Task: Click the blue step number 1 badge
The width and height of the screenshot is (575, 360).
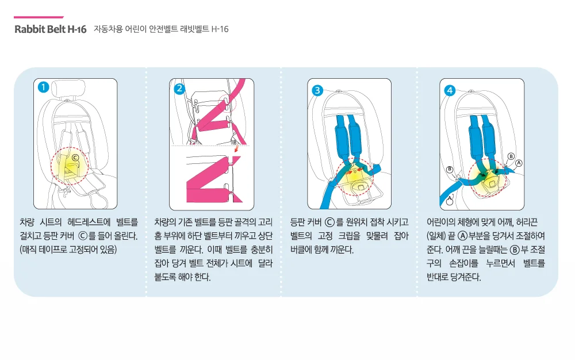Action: [43, 87]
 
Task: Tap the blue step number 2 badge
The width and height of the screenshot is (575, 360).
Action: [179, 89]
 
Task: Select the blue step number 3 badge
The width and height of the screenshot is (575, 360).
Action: [317, 90]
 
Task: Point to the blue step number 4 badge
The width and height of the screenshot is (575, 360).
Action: [450, 90]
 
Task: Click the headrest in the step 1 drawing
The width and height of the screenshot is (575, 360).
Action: [68, 89]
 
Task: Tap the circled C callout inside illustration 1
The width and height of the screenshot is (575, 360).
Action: [75, 158]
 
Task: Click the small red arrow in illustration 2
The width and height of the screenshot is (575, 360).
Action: [237, 149]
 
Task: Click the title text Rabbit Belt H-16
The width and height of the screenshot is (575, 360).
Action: [50, 29]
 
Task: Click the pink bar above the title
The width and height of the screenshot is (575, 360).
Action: [39, 17]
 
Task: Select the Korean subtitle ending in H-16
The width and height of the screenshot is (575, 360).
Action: [161, 29]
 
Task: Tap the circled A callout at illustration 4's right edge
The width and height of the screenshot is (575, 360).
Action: [519, 163]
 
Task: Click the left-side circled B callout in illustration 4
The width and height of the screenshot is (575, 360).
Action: [450, 170]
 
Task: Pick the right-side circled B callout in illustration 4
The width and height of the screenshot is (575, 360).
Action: [511, 156]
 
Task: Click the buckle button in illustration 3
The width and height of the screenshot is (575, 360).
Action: [360, 186]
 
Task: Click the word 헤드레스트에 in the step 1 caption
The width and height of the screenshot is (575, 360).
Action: [89, 222]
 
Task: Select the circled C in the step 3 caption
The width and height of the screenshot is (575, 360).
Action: [329, 222]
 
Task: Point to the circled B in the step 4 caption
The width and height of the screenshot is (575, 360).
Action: [515, 250]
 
